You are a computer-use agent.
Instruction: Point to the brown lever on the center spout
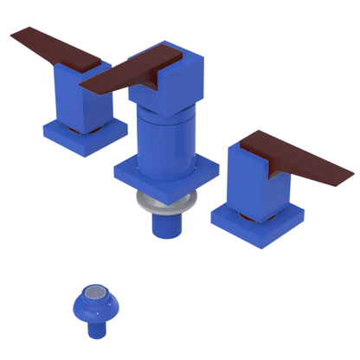point(138,74)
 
